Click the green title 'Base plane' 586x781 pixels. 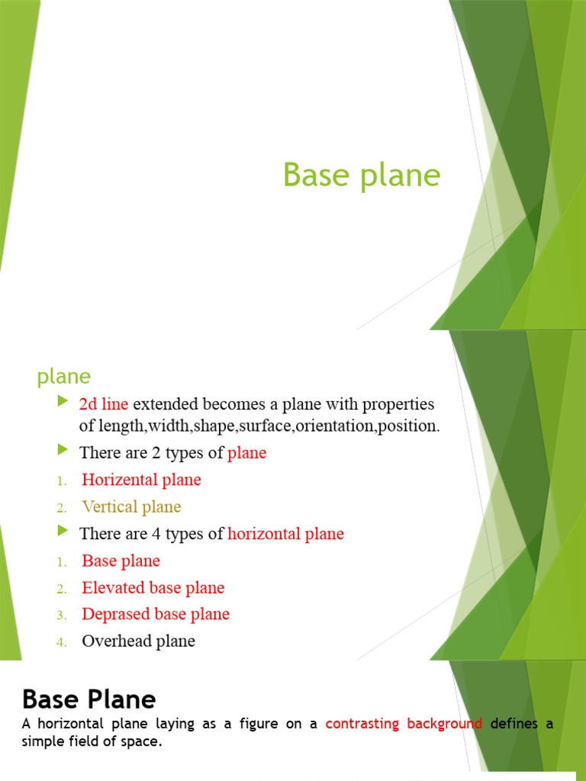coord(362,175)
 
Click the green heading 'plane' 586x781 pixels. coord(64,376)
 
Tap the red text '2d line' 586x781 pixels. coord(104,403)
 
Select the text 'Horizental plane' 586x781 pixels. coord(141,480)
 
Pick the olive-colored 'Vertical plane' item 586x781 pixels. coord(131,506)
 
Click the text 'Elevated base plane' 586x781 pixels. coord(153,587)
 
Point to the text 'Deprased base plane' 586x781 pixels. coord(156,614)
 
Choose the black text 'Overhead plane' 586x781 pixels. coord(138,641)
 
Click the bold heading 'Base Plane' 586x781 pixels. coord(89,699)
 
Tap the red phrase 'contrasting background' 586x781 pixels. coord(404,724)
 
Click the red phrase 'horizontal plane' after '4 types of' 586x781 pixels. coord(286,534)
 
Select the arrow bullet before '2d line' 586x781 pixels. coord(63,401)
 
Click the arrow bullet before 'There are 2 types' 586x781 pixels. coord(63,451)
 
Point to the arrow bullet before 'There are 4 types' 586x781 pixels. coord(63,532)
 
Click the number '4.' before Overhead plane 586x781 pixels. coord(62,642)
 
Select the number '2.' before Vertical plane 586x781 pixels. coord(62,508)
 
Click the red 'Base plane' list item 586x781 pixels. coord(121,561)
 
